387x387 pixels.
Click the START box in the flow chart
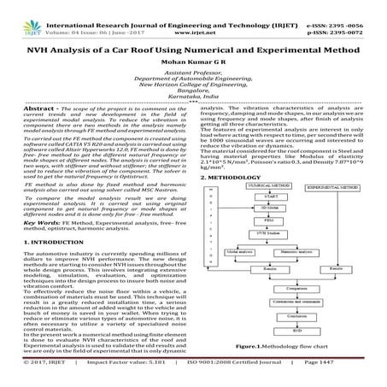[x=245, y=196]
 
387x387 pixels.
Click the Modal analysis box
[x=221, y=254]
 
